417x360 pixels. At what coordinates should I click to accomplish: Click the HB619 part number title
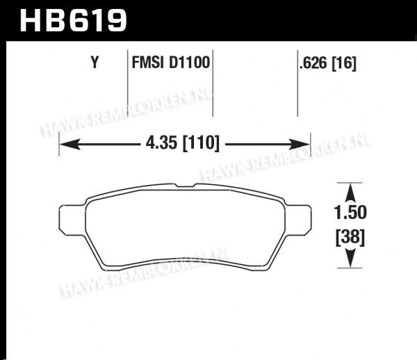click(x=73, y=20)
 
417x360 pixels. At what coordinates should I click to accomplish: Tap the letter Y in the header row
click(x=95, y=63)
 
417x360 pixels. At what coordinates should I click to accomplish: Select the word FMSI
click(x=147, y=63)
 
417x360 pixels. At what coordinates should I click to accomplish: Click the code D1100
click(x=190, y=63)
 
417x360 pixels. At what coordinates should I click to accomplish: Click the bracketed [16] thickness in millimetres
click(x=344, y=63)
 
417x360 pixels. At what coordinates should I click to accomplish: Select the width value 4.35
click(x=161, y=142)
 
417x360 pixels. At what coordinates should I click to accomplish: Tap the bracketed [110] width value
click(x=201, y=143)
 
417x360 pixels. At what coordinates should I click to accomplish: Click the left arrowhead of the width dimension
click(x=69, y=144)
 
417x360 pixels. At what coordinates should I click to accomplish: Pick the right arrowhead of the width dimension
click(x=300, y=144)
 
